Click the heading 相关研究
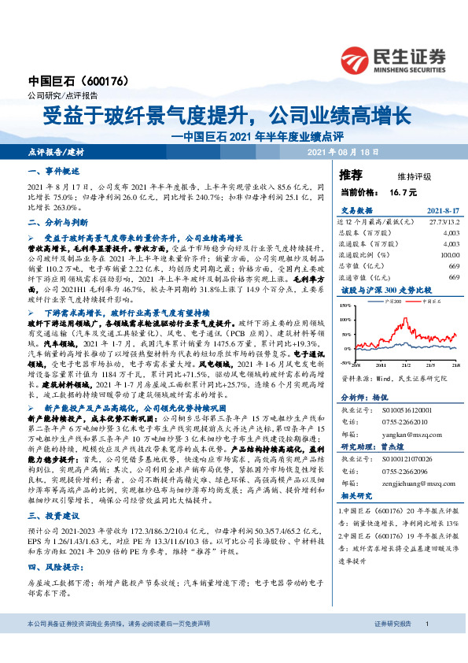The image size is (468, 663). [357, 497]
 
